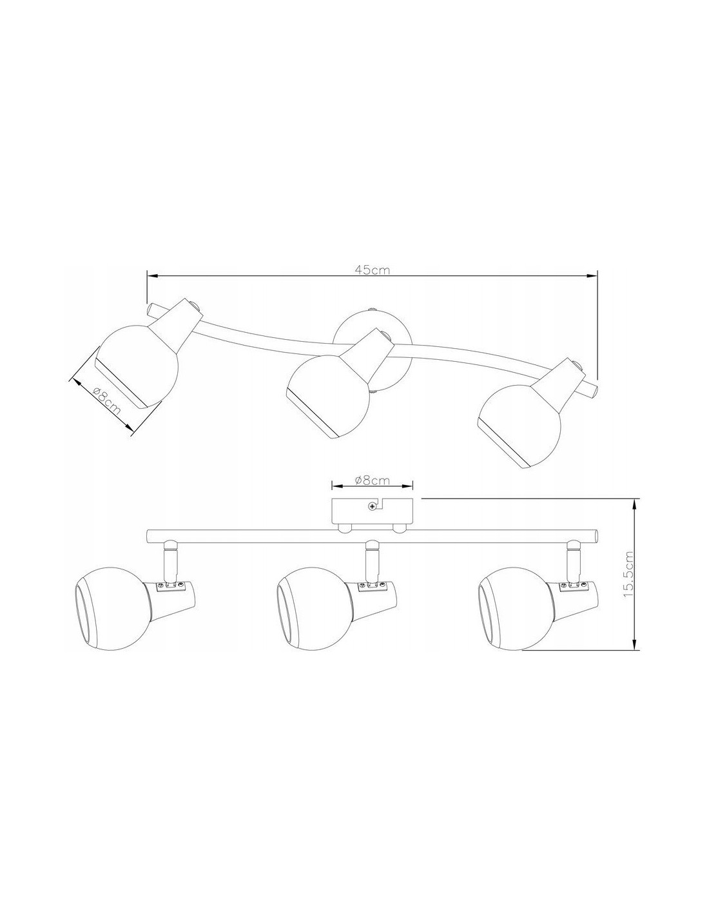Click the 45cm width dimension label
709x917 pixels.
pos(372,270)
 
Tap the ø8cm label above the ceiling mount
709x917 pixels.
pos(373,480)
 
